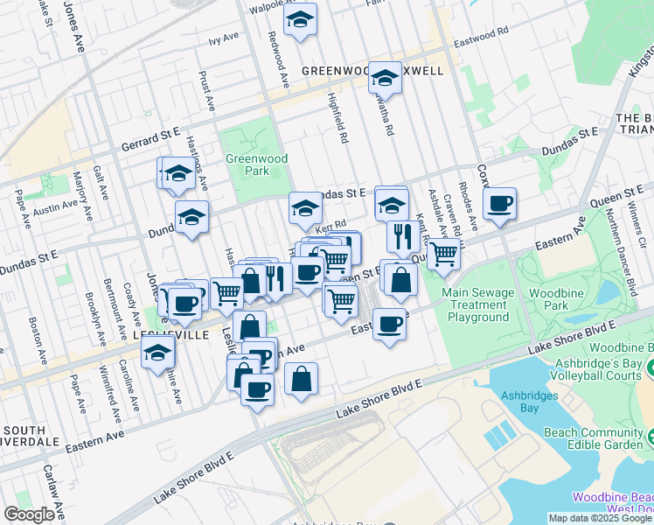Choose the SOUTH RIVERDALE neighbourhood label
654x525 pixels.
click(36, 437)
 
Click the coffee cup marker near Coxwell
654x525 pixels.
click(499, 205)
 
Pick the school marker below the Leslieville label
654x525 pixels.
click(158, 353)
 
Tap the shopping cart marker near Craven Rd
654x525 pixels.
click(443, 253)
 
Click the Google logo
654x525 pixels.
click(29, 514)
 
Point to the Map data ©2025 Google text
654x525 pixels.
click(600, 518)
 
